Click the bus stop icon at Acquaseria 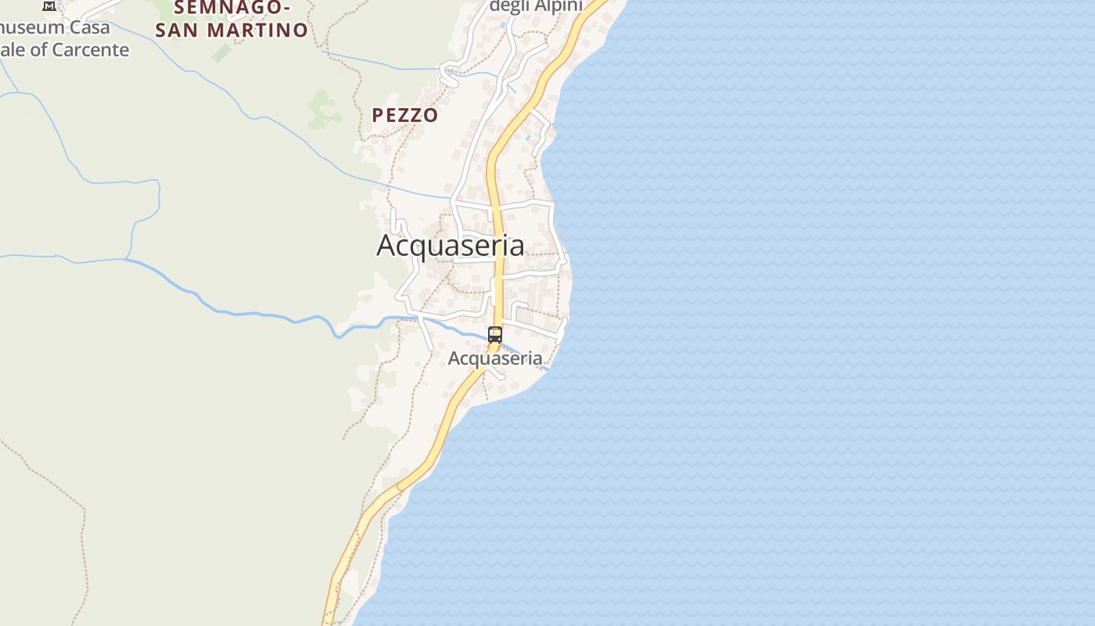coord(494,335)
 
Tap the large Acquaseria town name coord(451,246)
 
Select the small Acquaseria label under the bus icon coord(495,358)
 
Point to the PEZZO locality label coord(404,115)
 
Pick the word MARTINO coord(267,31)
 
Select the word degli coord(508,6)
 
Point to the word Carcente coord(91,50)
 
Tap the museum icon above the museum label coord(49,5)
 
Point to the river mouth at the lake coord(544,368)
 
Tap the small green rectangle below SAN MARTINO coord(222,53)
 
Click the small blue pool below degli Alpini coord(503,25)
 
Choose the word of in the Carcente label coord(39,50)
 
